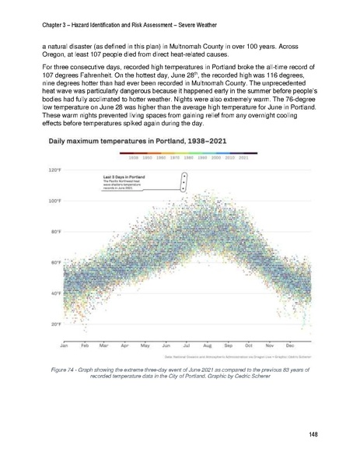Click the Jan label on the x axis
click(65, 345)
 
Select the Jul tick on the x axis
click(187, 345)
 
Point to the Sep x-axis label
click(229, 345)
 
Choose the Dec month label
click(290, 345)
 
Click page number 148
click(313, 433)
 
